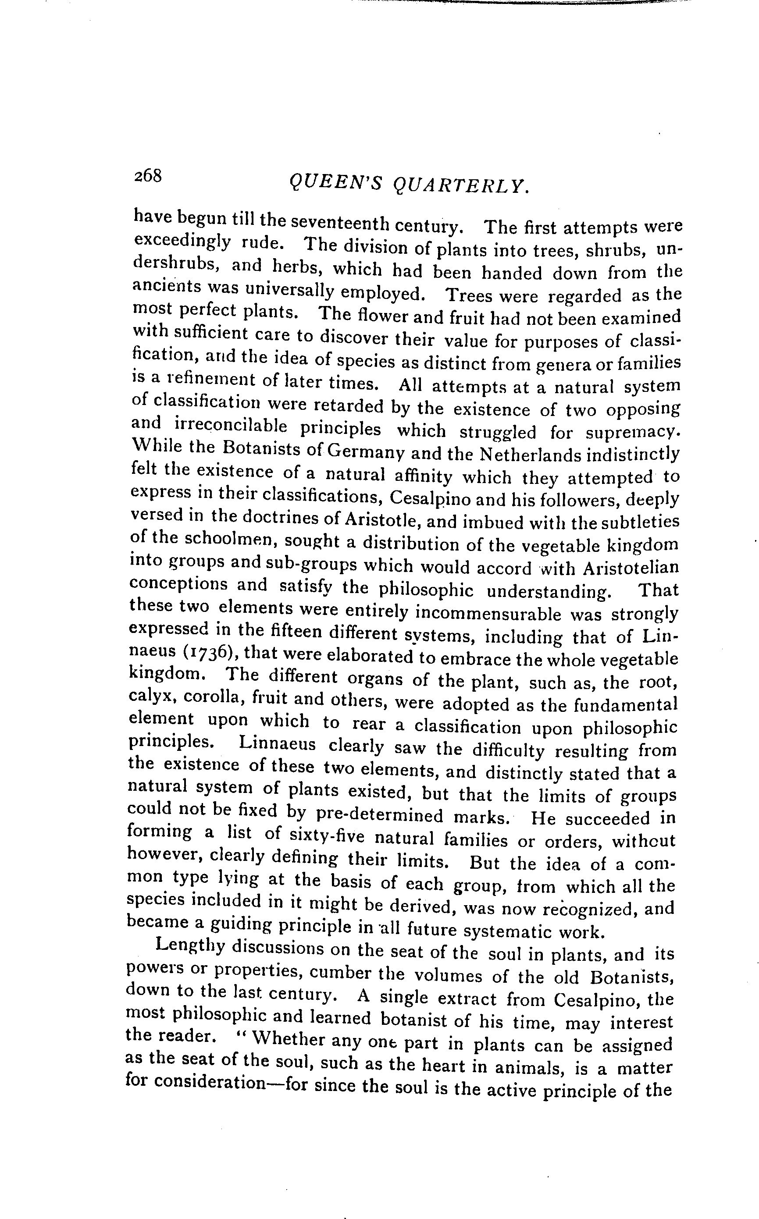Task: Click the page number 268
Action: [x=148, y=176]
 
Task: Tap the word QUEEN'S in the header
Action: [x=336, y=184]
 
